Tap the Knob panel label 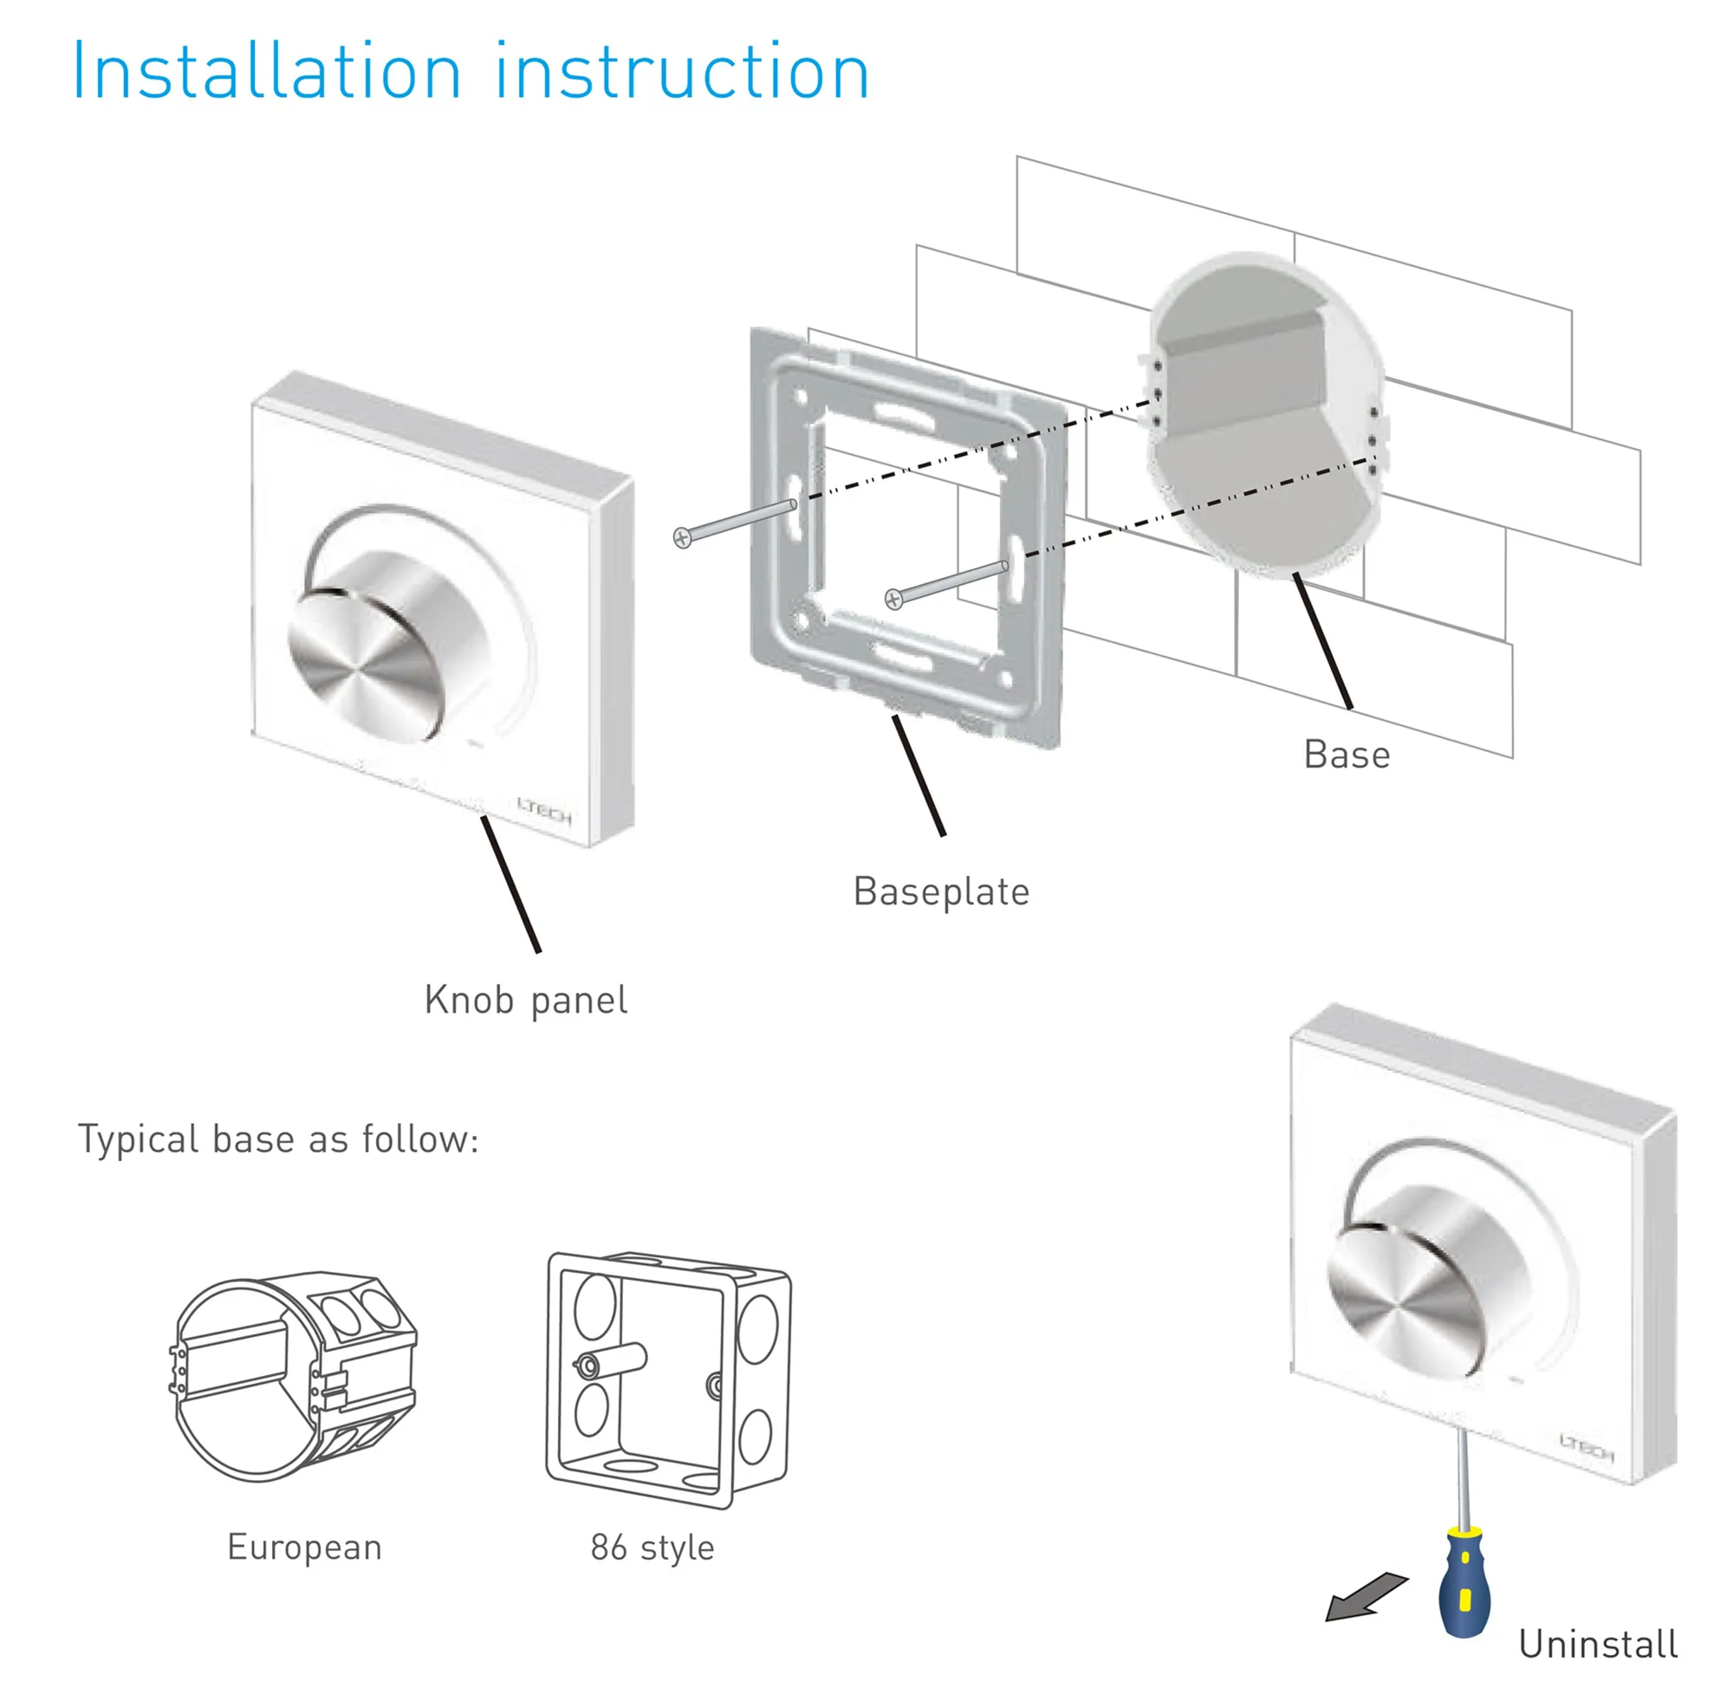[525, 1001]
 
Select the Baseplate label [940, 892]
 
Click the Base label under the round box [1346, 755]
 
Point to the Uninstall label [1597, 1644]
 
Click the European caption [304, 1548]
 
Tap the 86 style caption [652, 1548]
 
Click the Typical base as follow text [278, 1139]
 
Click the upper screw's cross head [682, 538]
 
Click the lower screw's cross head [893, 599]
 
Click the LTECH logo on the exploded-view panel [544, 810]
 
